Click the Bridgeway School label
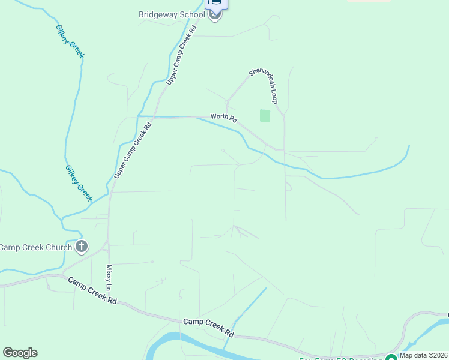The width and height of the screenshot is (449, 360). tap(172, 14)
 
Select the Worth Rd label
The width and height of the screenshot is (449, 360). tap(224, 118)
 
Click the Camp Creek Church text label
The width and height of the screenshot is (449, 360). tap(37, 247)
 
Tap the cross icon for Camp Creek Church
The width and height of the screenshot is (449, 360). tap(82, 247)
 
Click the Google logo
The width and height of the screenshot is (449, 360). tap(20, 353)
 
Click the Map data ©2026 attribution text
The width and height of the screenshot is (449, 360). tap(423, 355)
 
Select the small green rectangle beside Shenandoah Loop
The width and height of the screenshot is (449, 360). tap(265, 115)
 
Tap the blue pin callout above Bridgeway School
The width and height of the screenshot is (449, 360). tap(216, 4)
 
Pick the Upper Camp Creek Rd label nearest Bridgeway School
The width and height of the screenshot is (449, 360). tap(182, 54)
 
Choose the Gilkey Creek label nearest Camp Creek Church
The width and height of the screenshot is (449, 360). tap(79, 182)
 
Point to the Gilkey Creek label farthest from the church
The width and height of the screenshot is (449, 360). tap(70, 41)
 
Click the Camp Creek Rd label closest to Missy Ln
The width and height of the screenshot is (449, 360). tap(92, 290)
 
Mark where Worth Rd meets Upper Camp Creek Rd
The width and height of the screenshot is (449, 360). tap(155, 117)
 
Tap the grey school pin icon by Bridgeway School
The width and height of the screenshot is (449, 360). tap(215, 16)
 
